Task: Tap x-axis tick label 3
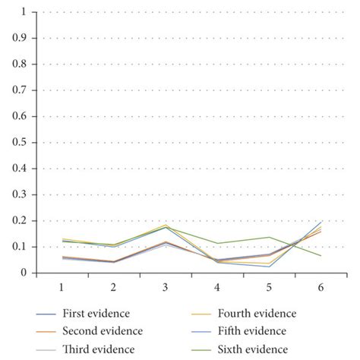[x=166, y=289]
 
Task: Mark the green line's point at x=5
[x=268, y=237]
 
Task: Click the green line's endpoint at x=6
[x=320, y=256]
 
